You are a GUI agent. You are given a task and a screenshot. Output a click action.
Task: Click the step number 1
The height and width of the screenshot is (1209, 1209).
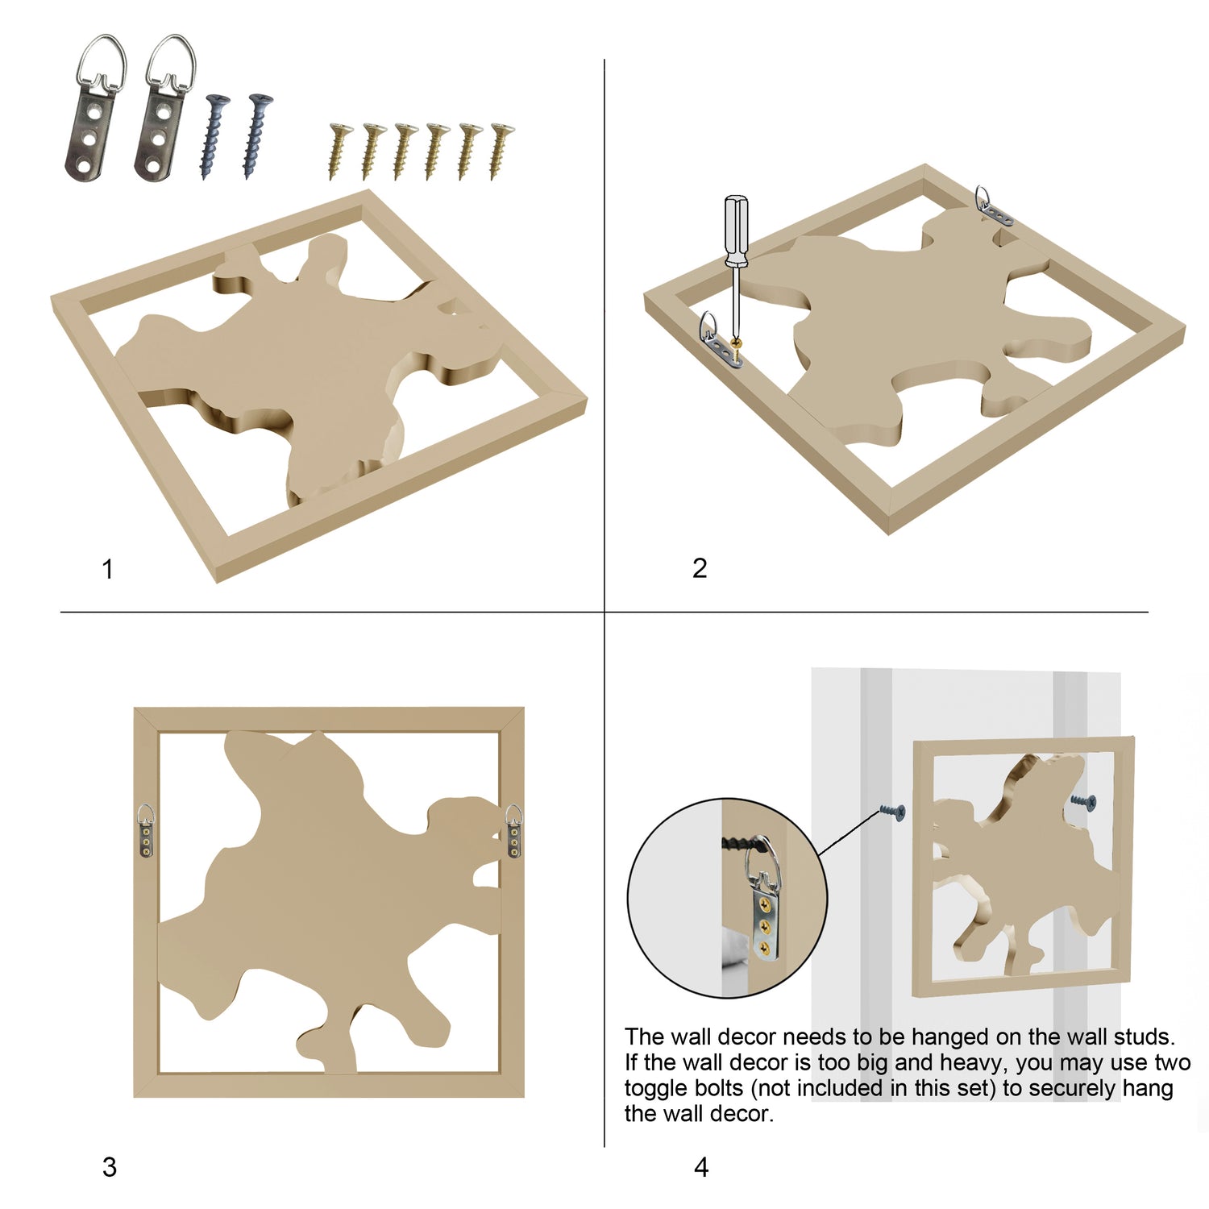107,570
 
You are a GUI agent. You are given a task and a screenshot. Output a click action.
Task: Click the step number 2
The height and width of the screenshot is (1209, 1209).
700,568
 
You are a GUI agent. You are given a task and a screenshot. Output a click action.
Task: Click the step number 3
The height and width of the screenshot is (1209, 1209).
110,1167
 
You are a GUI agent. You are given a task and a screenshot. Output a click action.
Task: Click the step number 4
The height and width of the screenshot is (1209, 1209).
701,1167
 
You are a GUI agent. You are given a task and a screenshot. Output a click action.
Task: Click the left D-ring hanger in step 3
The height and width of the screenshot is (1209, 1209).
146,831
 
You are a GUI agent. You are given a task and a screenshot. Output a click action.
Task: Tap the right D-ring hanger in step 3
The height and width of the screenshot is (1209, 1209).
514,831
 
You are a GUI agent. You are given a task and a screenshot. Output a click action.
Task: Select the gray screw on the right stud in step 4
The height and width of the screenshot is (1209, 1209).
1083,801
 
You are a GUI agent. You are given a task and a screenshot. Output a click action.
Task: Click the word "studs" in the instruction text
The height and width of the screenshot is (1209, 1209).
1144,1037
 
